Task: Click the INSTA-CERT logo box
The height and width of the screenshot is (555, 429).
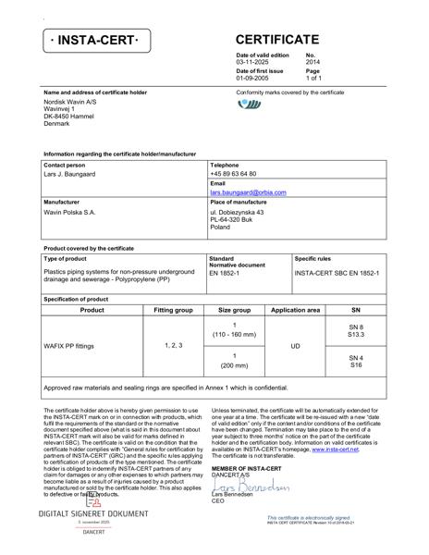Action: tap(98, 42)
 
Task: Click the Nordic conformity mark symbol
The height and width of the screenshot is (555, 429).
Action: tap(250, 105)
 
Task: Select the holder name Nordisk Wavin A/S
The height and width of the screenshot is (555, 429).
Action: tap(71, 102)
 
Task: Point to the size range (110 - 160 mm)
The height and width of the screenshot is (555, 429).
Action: tap(234, 333)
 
